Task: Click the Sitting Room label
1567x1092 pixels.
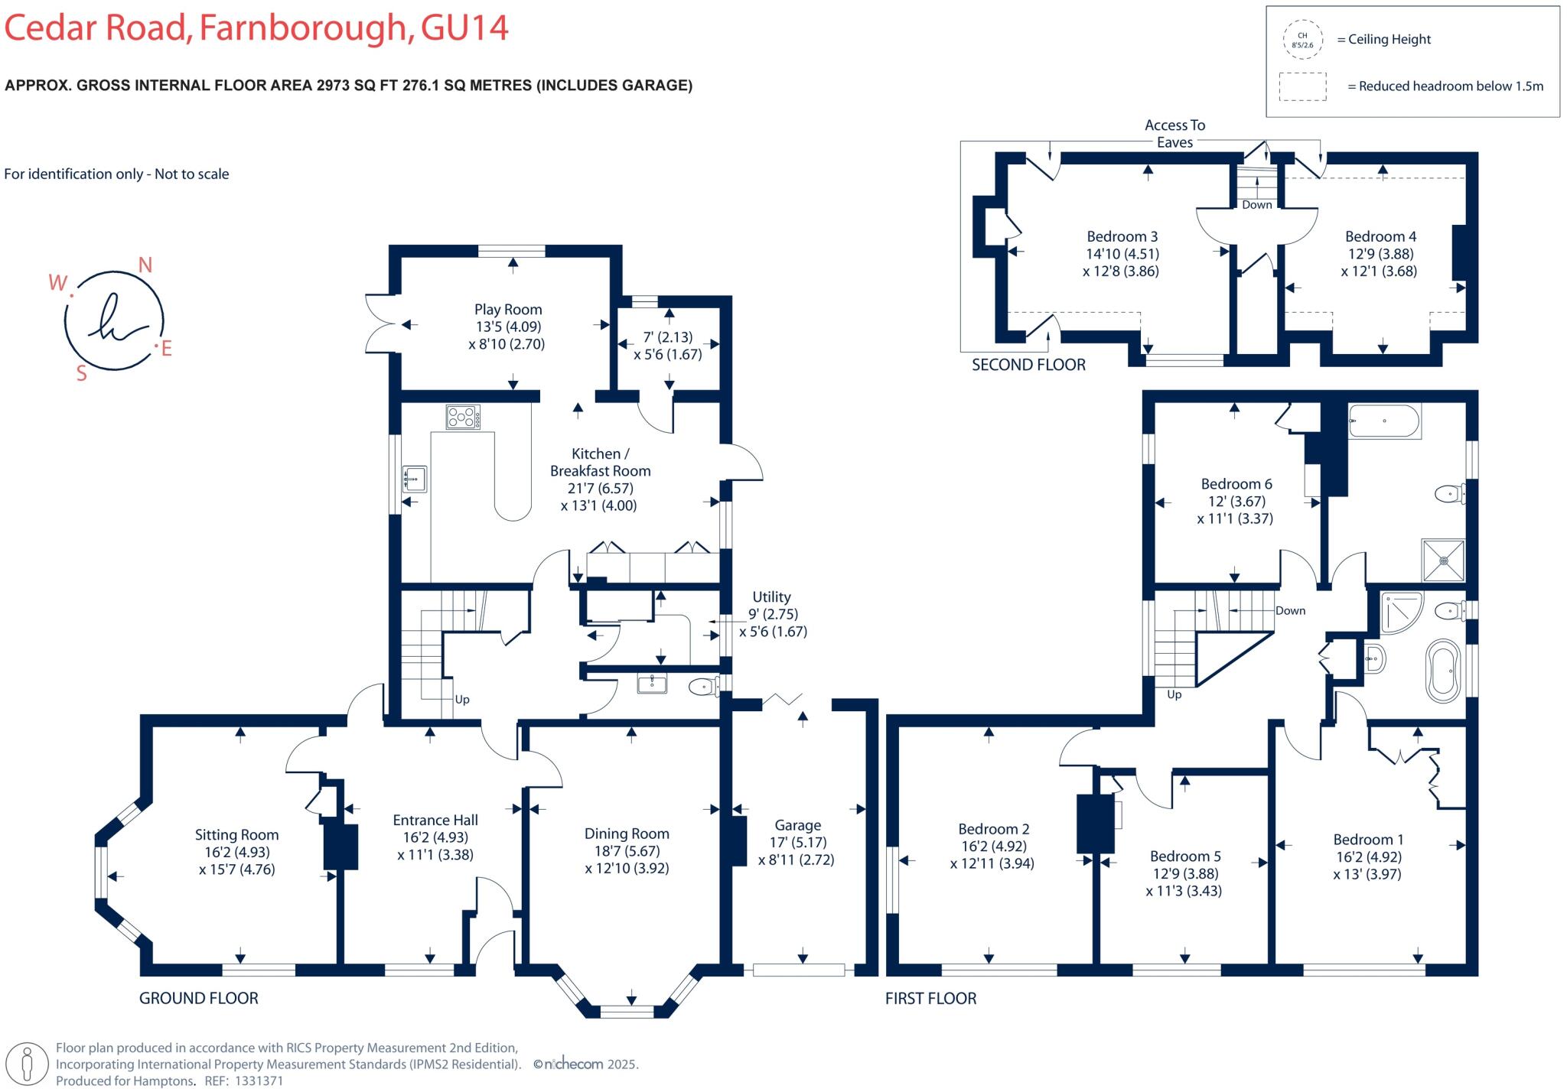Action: click(x=236, y=835)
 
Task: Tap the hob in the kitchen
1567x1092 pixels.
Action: click(x=463, y=417)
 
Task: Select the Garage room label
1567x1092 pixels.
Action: click(x=797, y=825)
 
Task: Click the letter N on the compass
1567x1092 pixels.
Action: click(x=145, y=265)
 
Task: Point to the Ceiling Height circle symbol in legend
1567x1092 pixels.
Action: click(x=1302, y=40)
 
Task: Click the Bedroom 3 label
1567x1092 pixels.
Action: click(x=1122, y=236)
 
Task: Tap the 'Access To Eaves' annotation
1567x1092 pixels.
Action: click(x=1174, y=134)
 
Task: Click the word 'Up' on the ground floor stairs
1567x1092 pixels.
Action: click(x=462, y=700)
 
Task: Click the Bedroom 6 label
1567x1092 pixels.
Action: click(x=1236, y=484)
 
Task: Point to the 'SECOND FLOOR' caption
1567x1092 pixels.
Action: click(x=1028, y=365)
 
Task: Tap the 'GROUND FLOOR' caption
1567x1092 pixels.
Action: click(x=199, y=998)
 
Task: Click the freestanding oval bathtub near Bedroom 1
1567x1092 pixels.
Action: click(x=1444, y=671)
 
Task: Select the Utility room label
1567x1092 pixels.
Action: click(x=771, y=596)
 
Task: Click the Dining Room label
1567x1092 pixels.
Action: click(x=627, y=834)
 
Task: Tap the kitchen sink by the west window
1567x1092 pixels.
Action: click(x=414, y=479)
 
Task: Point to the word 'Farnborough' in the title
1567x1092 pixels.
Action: click(x=302, y=28)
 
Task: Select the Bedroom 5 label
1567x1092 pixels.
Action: click(x=1185, y=856)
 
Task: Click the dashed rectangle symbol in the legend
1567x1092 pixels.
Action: click(x=1302, y=86)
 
